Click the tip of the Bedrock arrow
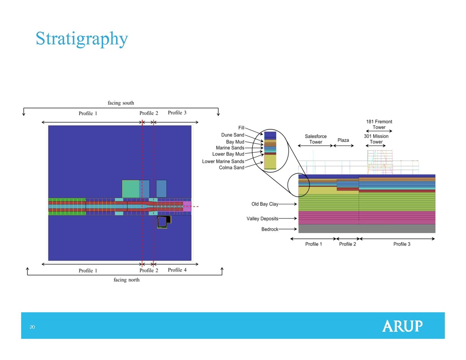(x=297, y=229)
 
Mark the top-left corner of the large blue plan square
(x=48, y=126)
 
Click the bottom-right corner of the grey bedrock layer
(x=435, y=233)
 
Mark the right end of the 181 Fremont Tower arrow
(x=392, y=131)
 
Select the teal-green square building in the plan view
(x=131, y=189)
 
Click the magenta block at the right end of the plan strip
(x=187, y=206)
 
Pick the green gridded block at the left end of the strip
(x=67, y=206)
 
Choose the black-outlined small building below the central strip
(x=164, y=222)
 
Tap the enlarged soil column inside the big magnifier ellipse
(x=270, y=151)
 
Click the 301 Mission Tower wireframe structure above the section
(x=380, y=162)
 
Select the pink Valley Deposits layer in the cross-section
(x=367, y=217)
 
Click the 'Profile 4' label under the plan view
(x=177, y=270)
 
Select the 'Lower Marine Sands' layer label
(x=223, y=161)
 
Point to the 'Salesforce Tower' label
(x=315, y=139)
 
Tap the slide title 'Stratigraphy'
(x=82, y=39)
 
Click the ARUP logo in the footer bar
(x=402, y=326)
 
